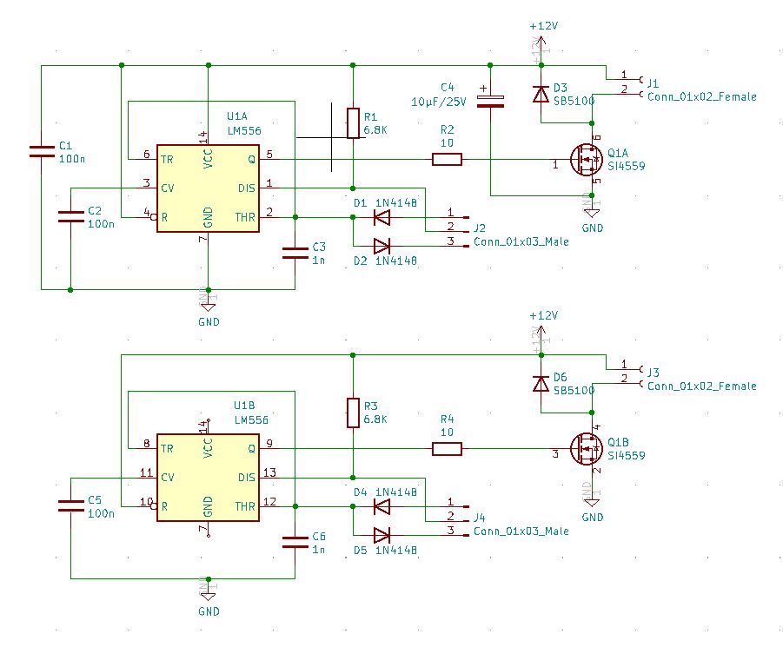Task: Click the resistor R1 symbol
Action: tap(353, 123)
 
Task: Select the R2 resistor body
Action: tap(448, 159)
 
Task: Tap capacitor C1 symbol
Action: tap(41, 151)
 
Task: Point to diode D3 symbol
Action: tap(541, 94)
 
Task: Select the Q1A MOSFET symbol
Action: tap(587, 159)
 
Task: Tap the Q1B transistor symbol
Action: tap(587, 448)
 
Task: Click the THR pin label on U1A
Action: tap(245, 217)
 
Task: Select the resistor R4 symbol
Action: tap(448, 448)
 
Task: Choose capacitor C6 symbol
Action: tap(295, 542)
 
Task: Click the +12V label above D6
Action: tap(542, 315)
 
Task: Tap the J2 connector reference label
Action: tap(480, 228)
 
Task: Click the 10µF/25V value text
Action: tap(439, 102)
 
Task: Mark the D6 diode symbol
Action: tap(541, 383)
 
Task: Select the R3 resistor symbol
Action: tap(353, 413)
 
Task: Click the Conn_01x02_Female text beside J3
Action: tap(701, 386)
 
